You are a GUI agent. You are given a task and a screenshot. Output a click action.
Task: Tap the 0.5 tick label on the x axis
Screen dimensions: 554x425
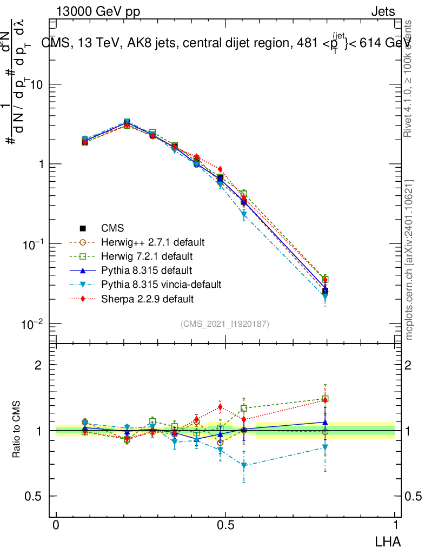pos(225,525)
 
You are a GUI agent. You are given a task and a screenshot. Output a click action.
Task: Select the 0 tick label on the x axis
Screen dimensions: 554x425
pos(56,525)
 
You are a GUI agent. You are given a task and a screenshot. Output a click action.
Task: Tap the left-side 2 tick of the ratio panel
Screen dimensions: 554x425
pos(38,365)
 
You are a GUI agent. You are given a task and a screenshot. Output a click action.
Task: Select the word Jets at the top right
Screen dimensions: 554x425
pos(383,11)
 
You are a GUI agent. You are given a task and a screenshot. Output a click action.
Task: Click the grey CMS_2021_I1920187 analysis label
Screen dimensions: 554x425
pos(225,324)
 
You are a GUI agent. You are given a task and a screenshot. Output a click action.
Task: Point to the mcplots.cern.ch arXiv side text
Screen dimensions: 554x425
pos(409,260)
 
